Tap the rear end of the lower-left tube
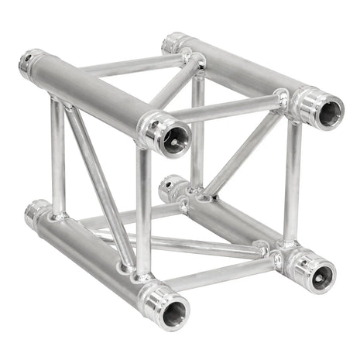pyautogui.click(x=34, y=212)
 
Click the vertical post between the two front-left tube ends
pyautogui.click(x=144, y=209)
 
